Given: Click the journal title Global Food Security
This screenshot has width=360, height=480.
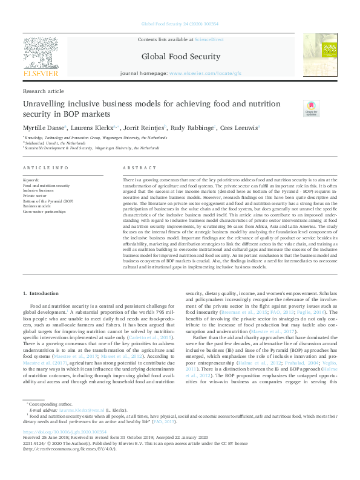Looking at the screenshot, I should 180,57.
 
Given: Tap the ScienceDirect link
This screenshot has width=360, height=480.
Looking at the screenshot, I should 209,39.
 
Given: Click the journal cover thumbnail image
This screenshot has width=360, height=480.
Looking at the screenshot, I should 318,56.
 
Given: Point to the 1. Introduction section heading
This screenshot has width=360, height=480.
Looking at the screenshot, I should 43,293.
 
